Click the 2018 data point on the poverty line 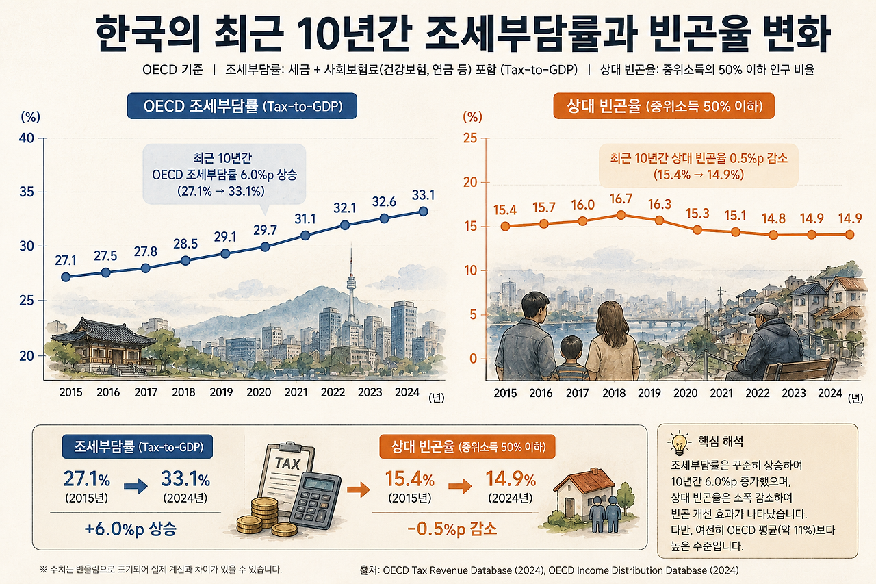621,215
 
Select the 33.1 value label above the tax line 423,195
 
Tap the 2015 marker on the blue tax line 66,277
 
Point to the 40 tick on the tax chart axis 27,138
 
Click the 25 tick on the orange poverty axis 470,138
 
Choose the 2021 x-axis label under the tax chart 296,392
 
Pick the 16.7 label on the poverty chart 621,199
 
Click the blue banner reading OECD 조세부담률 242,106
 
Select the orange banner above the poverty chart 664,106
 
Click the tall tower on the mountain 351,292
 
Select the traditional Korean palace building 103,345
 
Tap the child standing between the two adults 571,359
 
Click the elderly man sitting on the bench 769,342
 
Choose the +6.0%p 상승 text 131,529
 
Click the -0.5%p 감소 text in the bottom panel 452,529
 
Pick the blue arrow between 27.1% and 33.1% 136,486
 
